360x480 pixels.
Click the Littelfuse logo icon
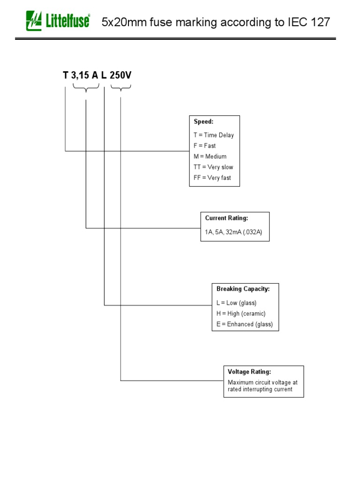click(x=34, y=21)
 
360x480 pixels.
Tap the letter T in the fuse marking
click(x=66, y=75)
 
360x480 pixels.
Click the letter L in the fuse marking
click(x=104, y=75)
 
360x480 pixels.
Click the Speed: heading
click(x=203, y=122)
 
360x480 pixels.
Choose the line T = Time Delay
click(x=213, y=135)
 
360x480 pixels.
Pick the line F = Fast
click(x=204, y=146)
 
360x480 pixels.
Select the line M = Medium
click(x=210, y=157)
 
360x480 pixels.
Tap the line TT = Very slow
click(x=213, y=167)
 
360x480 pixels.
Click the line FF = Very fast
click(x=212, y=178)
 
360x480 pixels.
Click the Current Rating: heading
click(x=226, y=218)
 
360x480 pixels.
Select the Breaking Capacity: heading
click(x=243, y=289)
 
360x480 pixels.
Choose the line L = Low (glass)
click(x=236, y=303)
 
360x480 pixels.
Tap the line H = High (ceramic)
click(x=241, y=314)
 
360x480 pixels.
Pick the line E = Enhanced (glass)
click(x=244, y=324)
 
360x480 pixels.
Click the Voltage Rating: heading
click(x=249, y=372)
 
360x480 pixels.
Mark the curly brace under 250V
click(x=121, y=87)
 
